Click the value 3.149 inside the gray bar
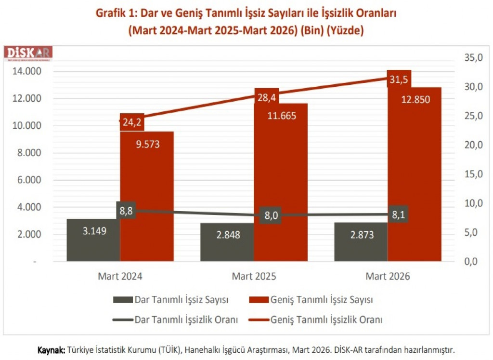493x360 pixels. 94,230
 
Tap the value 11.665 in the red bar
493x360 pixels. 281,116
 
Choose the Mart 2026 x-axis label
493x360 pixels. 388,277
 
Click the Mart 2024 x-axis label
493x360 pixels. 120,277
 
